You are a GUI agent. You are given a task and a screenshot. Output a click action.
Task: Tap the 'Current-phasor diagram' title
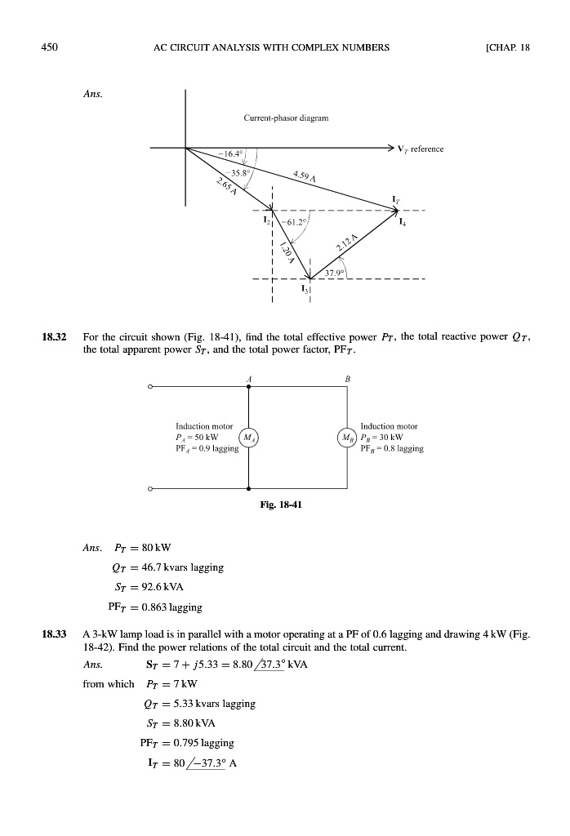tap(286, 118)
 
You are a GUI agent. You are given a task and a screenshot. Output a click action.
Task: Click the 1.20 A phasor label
tap(285, 250)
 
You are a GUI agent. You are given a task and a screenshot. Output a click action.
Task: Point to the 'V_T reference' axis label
tap(420, 149)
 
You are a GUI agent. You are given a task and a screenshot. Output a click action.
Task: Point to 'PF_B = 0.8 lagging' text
tap(390, 448)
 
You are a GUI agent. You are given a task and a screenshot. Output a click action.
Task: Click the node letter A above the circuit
tap(248, 378)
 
